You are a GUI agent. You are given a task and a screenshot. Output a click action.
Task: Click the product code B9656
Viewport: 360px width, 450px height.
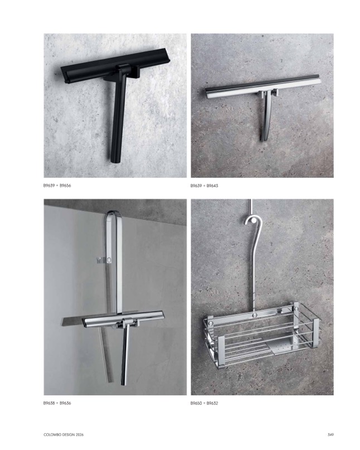(x=65, y=186)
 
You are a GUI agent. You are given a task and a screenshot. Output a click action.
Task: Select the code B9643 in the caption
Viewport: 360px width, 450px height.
(x=212, y=186)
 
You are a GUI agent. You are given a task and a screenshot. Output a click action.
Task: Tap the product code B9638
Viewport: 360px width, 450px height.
(x=49, y=403)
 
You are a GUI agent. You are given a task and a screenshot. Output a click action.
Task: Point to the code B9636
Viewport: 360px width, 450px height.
(x=65, y=403)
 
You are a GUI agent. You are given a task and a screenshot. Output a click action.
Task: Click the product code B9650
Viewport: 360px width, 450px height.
(x=196, y=403)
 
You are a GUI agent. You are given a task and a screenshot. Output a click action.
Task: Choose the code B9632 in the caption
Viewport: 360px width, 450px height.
(x=212, y=403)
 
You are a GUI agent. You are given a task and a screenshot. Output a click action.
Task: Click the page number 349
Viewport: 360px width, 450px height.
(x=330, y=435)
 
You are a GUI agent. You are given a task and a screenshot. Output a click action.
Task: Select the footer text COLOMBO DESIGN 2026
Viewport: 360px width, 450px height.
(x=64, y=435)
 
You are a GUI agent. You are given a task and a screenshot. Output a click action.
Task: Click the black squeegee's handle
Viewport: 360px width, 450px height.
(x=116, y=118)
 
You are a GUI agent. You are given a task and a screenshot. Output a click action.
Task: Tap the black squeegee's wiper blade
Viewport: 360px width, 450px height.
(x=115, y=65)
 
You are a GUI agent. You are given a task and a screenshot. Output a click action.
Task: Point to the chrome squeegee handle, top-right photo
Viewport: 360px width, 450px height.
(x=266, y=118)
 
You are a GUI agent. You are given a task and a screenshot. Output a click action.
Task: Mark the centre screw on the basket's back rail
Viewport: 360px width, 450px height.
(x=254, y=316)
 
